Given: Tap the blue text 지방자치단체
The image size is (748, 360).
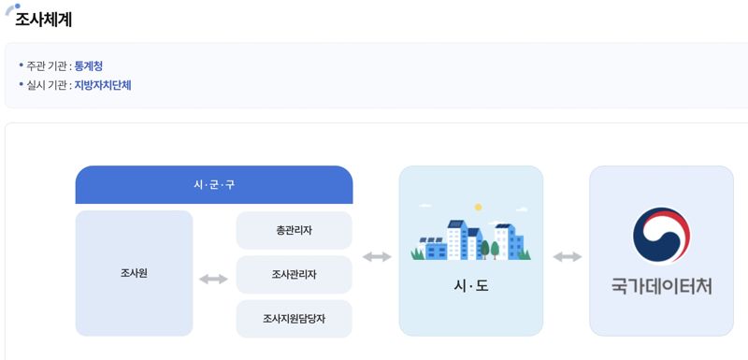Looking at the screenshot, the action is [x=103, y=85].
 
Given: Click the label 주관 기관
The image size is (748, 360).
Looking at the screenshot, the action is [x=48, y=65].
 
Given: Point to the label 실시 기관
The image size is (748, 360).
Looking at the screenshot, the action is [x=48, y=85].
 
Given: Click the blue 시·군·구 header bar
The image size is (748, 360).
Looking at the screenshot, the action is [x=213, y=184].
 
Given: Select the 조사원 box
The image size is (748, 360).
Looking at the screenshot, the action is [x=134, y=273].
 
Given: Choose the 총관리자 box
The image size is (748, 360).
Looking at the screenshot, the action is [x=294, y=230].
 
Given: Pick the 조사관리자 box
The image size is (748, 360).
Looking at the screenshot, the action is [x=294, y=275].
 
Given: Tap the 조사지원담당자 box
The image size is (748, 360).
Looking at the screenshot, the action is [x=294, y=319].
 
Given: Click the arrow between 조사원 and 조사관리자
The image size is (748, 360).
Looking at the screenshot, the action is [x=213, y=279].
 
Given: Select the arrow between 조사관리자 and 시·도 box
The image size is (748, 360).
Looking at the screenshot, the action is [x=376, y=257].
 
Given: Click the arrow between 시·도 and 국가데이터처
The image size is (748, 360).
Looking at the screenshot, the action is [x=567, y=257].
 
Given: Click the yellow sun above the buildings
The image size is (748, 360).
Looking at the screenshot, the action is [x=478, y=207].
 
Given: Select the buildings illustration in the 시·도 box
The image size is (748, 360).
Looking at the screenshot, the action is [x=470, y=239].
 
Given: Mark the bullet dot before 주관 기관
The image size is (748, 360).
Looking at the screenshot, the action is [x=21, y=65].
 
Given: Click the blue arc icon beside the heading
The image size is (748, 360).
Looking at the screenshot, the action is [x=10, y=9].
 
